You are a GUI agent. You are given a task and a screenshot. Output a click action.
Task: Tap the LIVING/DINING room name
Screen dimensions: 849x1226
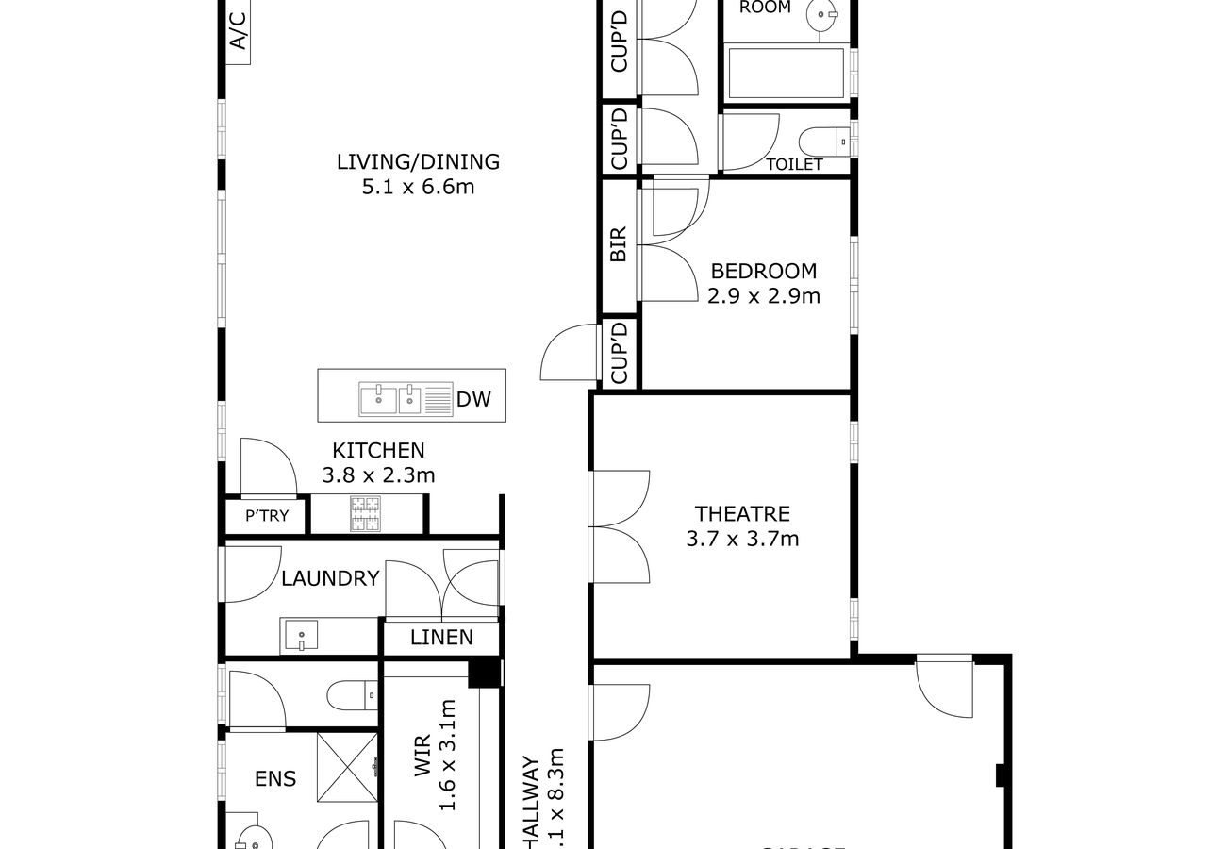click(418, 161)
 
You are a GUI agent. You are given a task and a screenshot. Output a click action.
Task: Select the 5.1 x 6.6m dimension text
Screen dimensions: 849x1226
click(418, 187)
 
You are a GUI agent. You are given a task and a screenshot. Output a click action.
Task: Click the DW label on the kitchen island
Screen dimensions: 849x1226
click(473, 400)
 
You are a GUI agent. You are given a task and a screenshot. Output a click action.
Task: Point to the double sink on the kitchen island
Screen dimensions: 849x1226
click(389, 399)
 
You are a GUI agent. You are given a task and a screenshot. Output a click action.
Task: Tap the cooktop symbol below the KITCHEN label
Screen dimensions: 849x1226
click(363, 515)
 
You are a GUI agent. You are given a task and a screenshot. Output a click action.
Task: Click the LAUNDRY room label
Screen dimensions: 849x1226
click(330, 578)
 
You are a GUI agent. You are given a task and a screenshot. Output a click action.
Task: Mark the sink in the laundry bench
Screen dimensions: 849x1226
click(299, 637)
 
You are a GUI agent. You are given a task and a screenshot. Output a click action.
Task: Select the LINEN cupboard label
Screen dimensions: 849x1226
click(441, 638)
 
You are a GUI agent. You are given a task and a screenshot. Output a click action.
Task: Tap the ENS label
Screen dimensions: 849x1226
click(275, 779)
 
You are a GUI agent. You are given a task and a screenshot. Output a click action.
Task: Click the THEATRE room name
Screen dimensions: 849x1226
click(742, 514)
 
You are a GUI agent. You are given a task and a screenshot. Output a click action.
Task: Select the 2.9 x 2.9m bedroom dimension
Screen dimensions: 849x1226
click(764, 296)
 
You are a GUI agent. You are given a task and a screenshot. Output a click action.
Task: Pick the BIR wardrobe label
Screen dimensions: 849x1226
click(620, 244)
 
